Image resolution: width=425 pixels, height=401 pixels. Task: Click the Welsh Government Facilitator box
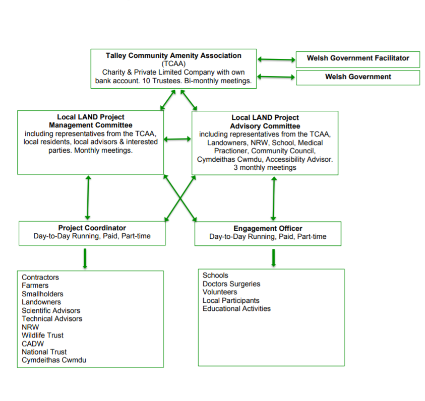(x=357, y=58)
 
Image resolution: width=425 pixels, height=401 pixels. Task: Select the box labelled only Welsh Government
(x=357, y=77)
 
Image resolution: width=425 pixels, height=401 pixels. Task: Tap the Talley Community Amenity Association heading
(x=173, y=56)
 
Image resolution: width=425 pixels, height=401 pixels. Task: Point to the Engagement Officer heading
(x=268, y=229)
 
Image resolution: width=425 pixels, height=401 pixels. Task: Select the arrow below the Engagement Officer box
(x=274, y=257)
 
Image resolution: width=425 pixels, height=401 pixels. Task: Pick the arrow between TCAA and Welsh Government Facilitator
(x=276, y=59)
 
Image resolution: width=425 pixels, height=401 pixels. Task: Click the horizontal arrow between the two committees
(x=177, y=139)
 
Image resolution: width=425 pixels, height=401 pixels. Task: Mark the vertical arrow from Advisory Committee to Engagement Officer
(x=274, y=197)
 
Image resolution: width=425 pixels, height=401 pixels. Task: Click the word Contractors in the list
(x=40, y=278)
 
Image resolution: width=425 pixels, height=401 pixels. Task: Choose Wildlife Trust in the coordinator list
(x=42, y=336)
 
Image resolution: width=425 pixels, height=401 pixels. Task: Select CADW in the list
(x=33, y=344)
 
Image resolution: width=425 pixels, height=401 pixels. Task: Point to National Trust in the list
(x=44, y=352)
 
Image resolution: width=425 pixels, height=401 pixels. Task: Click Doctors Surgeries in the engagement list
(x=231, y=284)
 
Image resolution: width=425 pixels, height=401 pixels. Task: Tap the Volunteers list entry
(x=220, y=292)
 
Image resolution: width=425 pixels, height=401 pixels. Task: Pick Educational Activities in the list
(x=236, y=309)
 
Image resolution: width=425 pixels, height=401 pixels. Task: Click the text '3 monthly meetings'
(x=265, y=168)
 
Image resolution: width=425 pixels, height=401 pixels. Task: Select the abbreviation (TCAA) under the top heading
(x=173, y=64)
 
